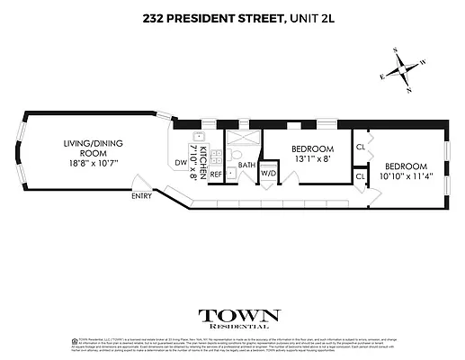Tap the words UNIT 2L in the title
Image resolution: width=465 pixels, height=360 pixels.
(x=304, y=16)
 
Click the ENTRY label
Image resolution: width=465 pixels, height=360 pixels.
(x=140, y=195)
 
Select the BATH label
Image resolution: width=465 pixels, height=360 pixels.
(x=247, y=166)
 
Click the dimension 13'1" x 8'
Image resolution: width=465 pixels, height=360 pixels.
(x=314, y=159)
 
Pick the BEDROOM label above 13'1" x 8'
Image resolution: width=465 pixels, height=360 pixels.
(x=314, y=148)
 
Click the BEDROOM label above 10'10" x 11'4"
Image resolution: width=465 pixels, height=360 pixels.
(x=406, y=166)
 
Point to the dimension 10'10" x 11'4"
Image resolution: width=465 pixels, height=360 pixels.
(x=406, y=177)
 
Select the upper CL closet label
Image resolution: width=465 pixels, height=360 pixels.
(x=360, y=147)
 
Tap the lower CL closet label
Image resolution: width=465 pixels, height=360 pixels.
(x=360, y=176)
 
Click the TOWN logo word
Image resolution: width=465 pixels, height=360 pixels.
(x=239, y=316)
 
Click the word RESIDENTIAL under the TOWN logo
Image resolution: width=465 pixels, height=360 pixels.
(x=239, y=328)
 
